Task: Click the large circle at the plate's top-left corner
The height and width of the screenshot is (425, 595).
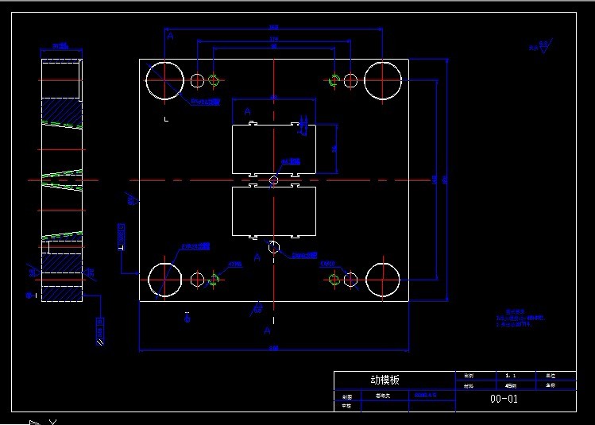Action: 164,80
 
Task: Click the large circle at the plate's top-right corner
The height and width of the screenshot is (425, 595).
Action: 383,80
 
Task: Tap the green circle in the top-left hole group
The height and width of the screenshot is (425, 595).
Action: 214,80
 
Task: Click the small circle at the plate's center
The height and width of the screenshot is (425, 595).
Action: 273,180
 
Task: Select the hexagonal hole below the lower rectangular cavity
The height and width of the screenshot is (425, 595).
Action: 273,247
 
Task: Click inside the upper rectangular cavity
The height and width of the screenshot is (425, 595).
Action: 273,149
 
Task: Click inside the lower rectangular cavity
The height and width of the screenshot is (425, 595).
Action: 273,211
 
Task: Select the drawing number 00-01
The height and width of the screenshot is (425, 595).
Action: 504,399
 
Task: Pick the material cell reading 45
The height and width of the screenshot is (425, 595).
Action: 510,385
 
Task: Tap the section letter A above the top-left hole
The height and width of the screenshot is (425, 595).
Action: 169,36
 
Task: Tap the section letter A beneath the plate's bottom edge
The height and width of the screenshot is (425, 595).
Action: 268,330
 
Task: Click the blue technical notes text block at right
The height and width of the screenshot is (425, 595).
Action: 520,319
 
